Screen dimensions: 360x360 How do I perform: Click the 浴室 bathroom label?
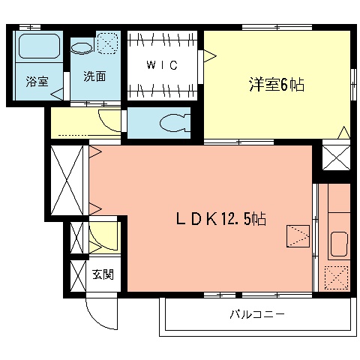36,81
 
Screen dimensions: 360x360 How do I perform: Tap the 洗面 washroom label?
94,76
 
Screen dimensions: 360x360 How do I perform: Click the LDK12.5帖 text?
220,219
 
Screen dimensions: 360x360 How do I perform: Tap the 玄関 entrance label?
103,274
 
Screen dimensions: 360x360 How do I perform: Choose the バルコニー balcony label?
257,314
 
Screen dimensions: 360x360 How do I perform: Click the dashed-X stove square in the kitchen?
337,277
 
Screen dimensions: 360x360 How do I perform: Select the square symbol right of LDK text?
298,237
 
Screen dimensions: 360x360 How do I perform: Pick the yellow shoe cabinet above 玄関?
103,236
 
